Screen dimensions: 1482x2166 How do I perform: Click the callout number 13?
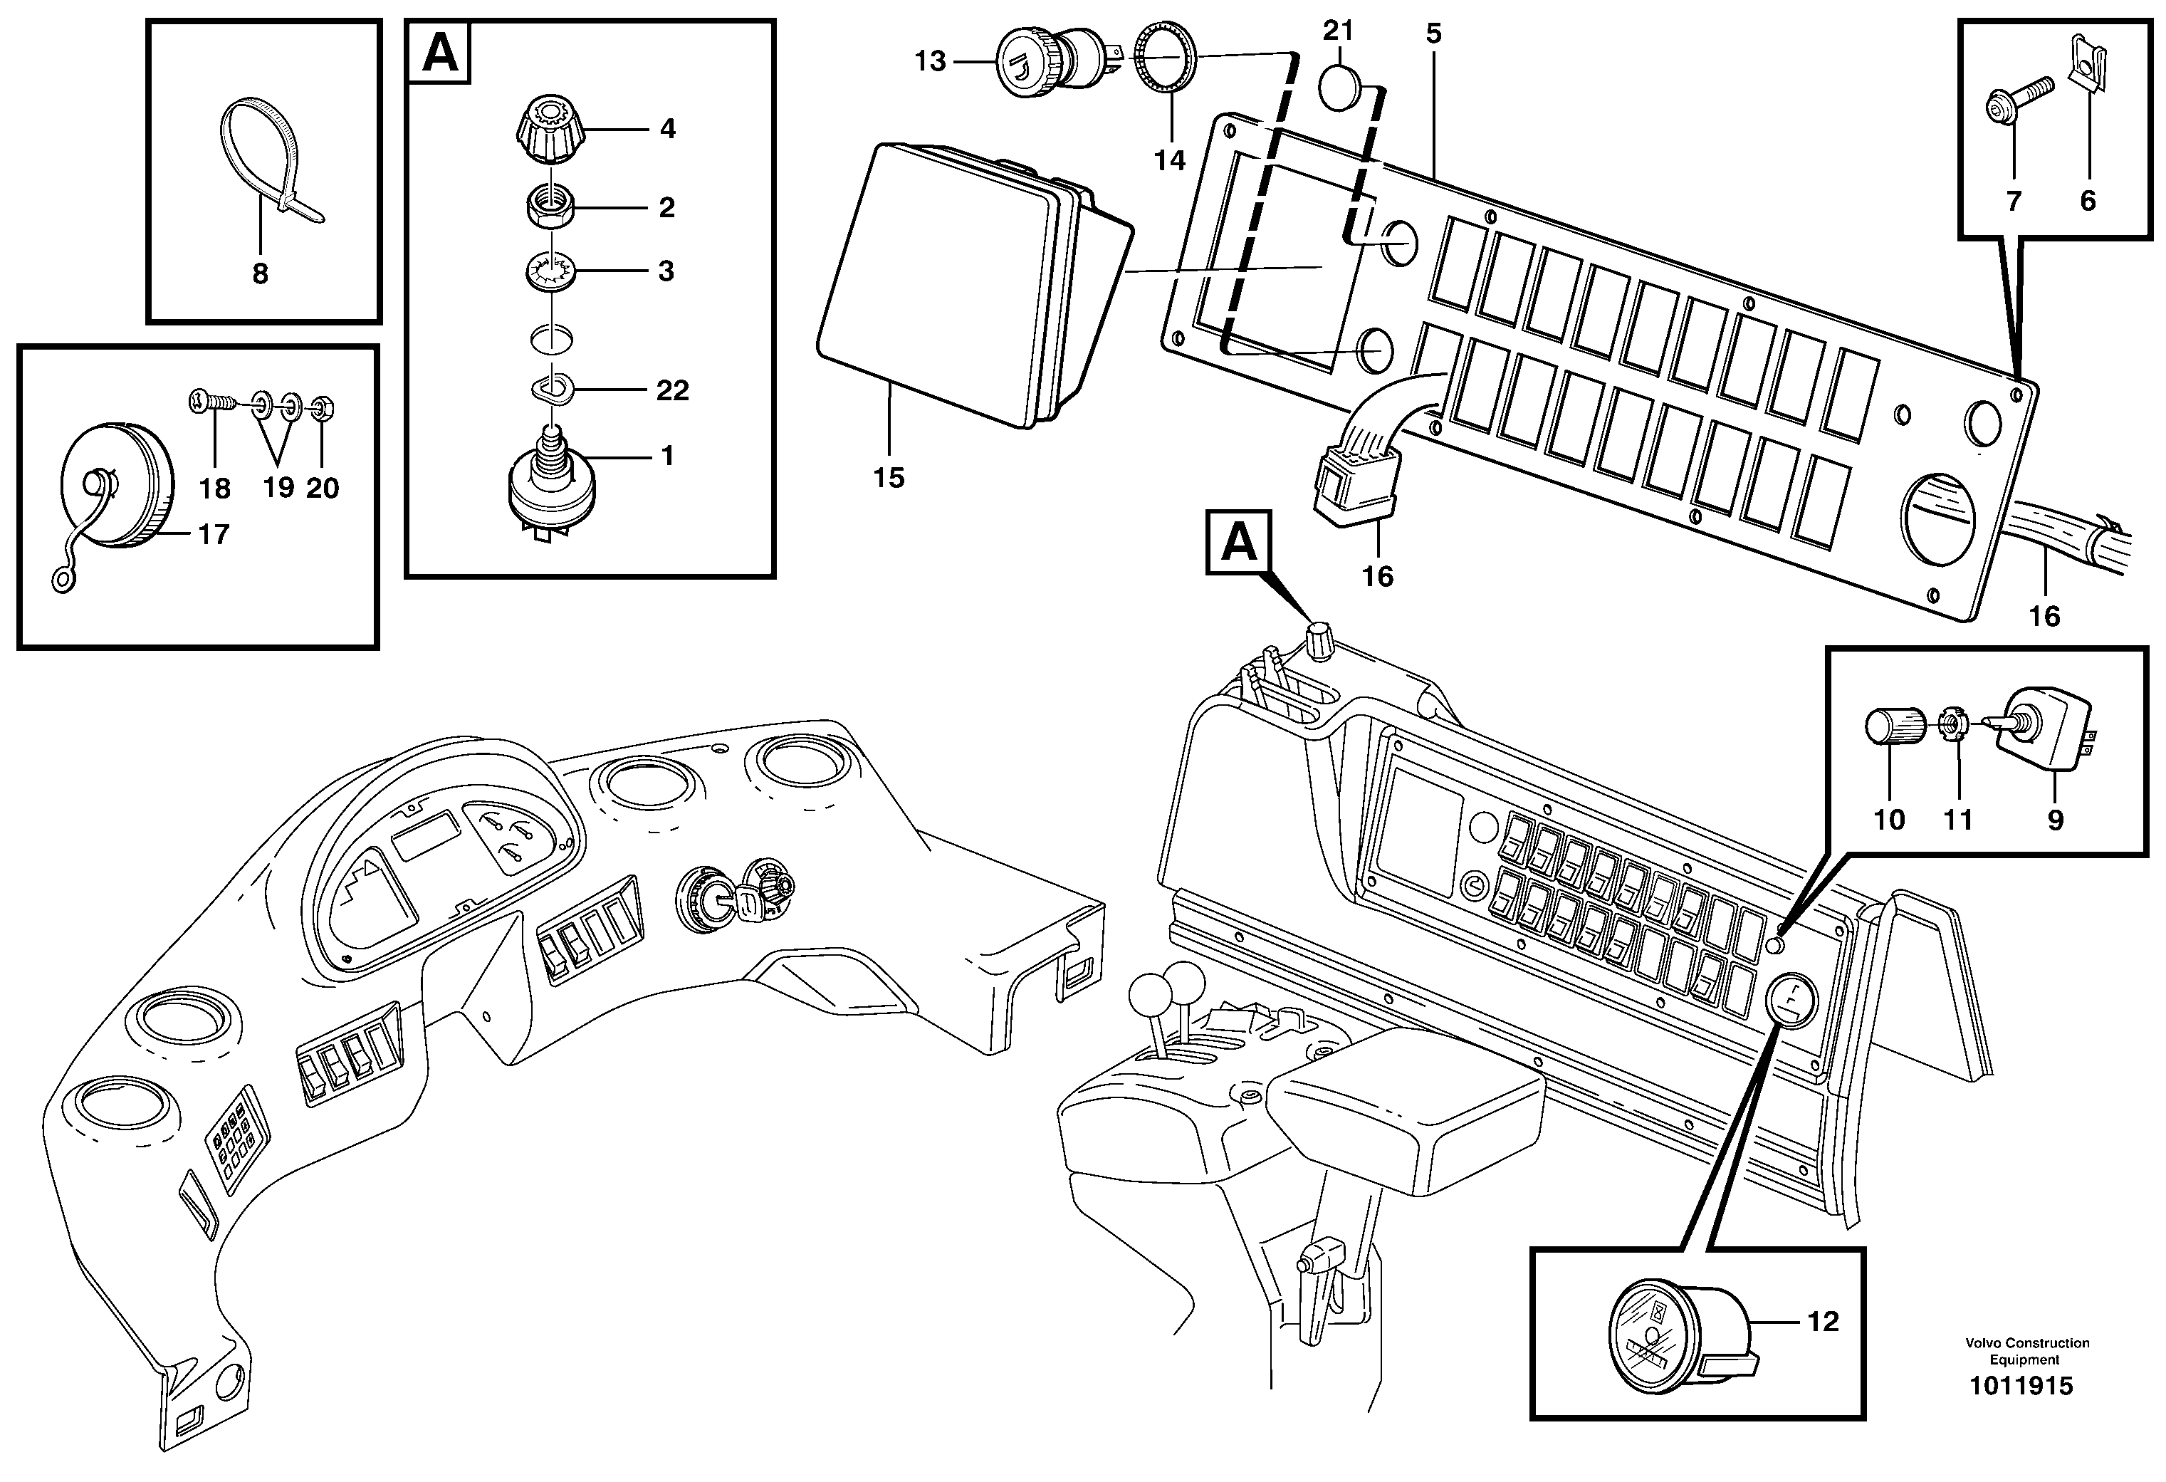(x=930, y=61)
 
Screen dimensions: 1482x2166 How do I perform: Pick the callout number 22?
(x=672, y=390)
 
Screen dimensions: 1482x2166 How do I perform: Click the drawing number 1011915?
(x=2019, y=1386)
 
